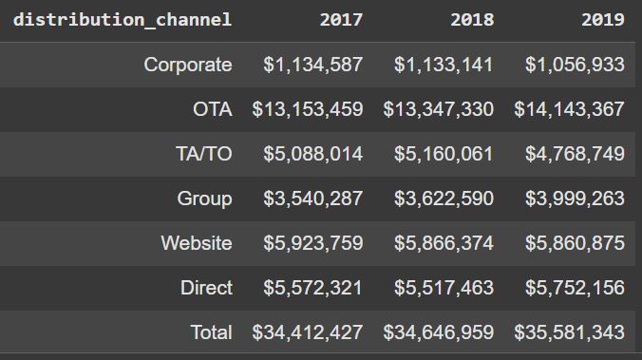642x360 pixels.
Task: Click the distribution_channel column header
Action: pos(122,20)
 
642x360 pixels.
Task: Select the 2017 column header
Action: pos(341,20)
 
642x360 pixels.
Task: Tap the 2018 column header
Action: pos(472,20)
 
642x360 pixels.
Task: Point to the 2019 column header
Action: pos(602,20)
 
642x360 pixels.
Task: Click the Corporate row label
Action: pos(187,65)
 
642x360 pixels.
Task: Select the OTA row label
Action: pos(212,109)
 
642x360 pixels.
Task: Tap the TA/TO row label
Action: pos(203,154)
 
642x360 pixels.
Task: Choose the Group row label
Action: pos(204,199)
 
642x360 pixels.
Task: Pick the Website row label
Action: pos(196,243)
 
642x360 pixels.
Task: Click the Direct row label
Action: pos(206,288)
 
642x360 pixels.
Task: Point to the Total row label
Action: pos(211,332)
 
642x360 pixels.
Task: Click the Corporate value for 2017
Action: pos(313,65)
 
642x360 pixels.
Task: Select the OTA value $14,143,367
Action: pos(569,109)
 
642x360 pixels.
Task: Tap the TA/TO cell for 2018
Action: pos(444,154)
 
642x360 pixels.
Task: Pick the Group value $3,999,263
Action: pos(575,199)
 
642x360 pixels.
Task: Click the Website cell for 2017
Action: pos(313,243)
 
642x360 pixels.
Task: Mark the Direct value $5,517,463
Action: pos(444,288)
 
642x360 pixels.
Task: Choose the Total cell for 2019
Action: pos(569,332)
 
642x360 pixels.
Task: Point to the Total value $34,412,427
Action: pos(308,332)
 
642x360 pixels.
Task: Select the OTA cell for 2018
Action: pos(438,109)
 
